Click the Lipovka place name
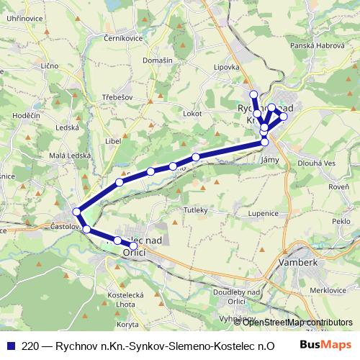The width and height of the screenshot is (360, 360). pyautogui.click(x=227, y=67)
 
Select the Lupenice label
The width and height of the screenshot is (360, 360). pyautogui.click(x=264, y=213)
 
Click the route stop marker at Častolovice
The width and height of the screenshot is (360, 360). pyautogui.click(x=77, y=212)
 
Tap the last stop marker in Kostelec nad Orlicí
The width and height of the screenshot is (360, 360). pyautogui.click(x=133, y=246)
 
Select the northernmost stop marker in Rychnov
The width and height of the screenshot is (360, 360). pyautogui.click(x=253, y=94)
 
